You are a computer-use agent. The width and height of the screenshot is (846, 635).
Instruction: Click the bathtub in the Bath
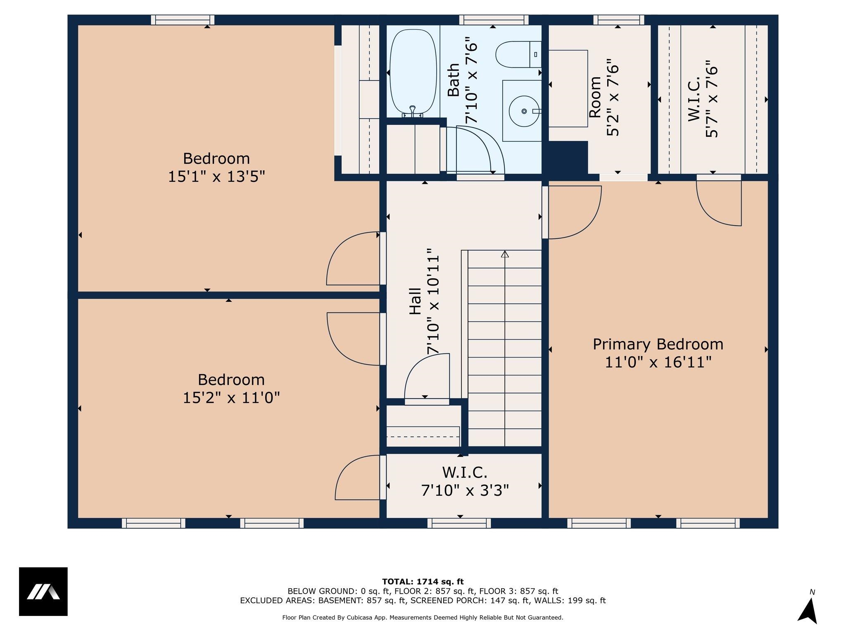click(413, 73)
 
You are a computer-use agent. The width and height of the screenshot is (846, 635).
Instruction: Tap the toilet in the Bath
click(518, 55)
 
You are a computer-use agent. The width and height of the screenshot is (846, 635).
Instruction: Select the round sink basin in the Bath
click(524, 111)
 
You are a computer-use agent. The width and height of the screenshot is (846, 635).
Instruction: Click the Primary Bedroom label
click(658, 344)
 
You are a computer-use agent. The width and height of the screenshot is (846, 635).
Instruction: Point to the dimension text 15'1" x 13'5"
click(216, 177)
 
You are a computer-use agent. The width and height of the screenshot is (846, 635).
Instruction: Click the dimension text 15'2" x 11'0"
click(231, 398)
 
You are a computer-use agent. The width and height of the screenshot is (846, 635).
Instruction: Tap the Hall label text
click(415, 301)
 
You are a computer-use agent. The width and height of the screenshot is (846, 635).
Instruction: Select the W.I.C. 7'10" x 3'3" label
click(465, 481)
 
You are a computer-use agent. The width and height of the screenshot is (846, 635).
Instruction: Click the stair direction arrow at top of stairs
click(505, 254)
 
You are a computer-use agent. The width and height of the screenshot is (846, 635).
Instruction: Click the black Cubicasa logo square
click(43, 592)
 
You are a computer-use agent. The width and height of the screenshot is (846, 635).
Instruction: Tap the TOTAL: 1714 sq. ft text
click(423, 582)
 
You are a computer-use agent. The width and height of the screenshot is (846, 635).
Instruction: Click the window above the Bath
click(494, 20)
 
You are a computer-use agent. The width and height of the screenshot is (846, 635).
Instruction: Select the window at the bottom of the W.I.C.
click(459, 523)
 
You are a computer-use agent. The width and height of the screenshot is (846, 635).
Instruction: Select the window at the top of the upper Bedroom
click(183, 20)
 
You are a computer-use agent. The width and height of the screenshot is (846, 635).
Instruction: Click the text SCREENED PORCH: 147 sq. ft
click(470, 601)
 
